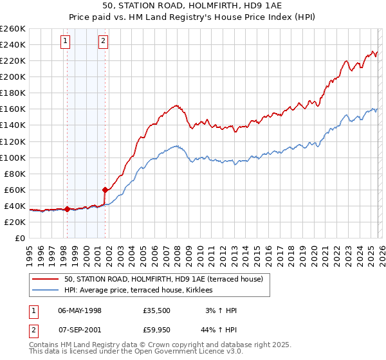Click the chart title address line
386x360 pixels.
tap(192, 6)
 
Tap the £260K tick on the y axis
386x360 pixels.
tap(13, 29)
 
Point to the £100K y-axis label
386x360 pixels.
tap(13, 157)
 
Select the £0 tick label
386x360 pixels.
tap(19, 238)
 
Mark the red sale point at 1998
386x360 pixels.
tap(67, 209)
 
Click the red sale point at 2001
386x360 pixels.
tap(105, 190)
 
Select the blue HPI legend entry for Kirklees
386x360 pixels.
tap(142, 291)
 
